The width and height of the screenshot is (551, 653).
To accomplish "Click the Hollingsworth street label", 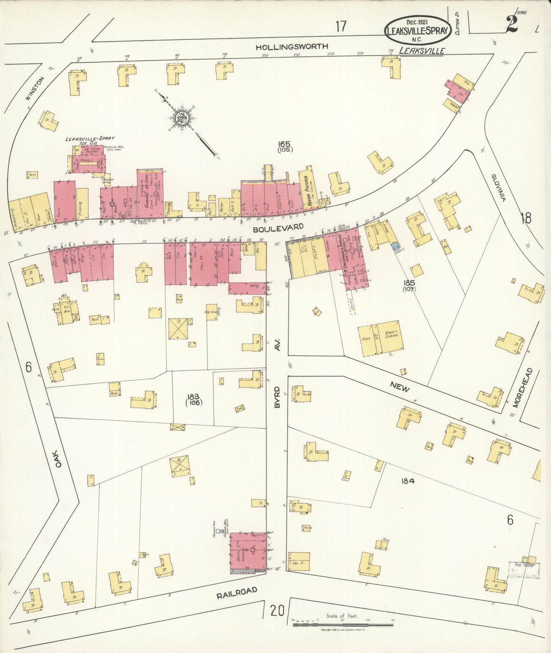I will (291, 47).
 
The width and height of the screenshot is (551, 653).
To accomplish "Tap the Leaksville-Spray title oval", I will (417, 29).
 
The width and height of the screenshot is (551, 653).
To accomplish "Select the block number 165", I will (284, 144).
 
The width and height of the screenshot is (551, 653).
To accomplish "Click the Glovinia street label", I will (498, 187).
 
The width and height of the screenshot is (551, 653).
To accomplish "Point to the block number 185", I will (410, 283).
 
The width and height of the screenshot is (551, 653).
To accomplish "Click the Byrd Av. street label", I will (278, 381).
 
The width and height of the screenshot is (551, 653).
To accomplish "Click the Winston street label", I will (35, 88).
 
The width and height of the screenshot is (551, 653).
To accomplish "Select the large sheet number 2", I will (511, 24).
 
